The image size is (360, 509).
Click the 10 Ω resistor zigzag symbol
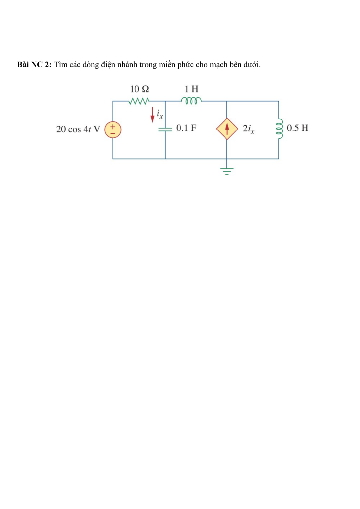coord(139,101)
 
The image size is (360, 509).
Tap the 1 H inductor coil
coord(191,100)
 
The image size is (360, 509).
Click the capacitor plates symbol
coord(165,129)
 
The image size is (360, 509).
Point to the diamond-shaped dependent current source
coord(227,129)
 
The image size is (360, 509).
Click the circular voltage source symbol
coord(113,130)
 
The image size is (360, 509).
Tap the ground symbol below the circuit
coord(227,171)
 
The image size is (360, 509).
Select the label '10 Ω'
coord(139,89)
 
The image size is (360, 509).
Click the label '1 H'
coord(191,89)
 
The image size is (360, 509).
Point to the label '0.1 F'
coord(186,128)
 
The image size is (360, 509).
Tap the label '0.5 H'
coord(297,128)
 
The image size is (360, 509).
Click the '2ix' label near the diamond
coord(248,129)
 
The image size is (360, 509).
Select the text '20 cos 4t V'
coord(78,129)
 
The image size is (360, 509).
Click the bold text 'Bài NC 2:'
coord(34,65)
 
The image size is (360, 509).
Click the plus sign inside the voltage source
coord(113,127)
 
